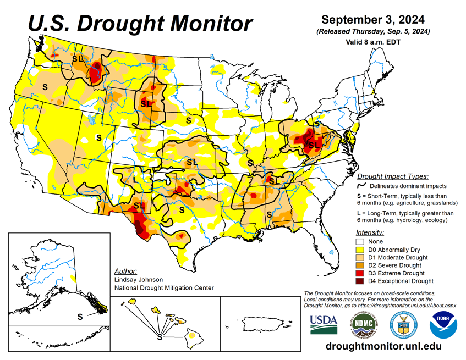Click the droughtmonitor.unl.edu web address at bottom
[383, 346]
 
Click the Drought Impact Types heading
[392, 176]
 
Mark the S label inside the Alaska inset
[80, 316]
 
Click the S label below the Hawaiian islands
[160, 336]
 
